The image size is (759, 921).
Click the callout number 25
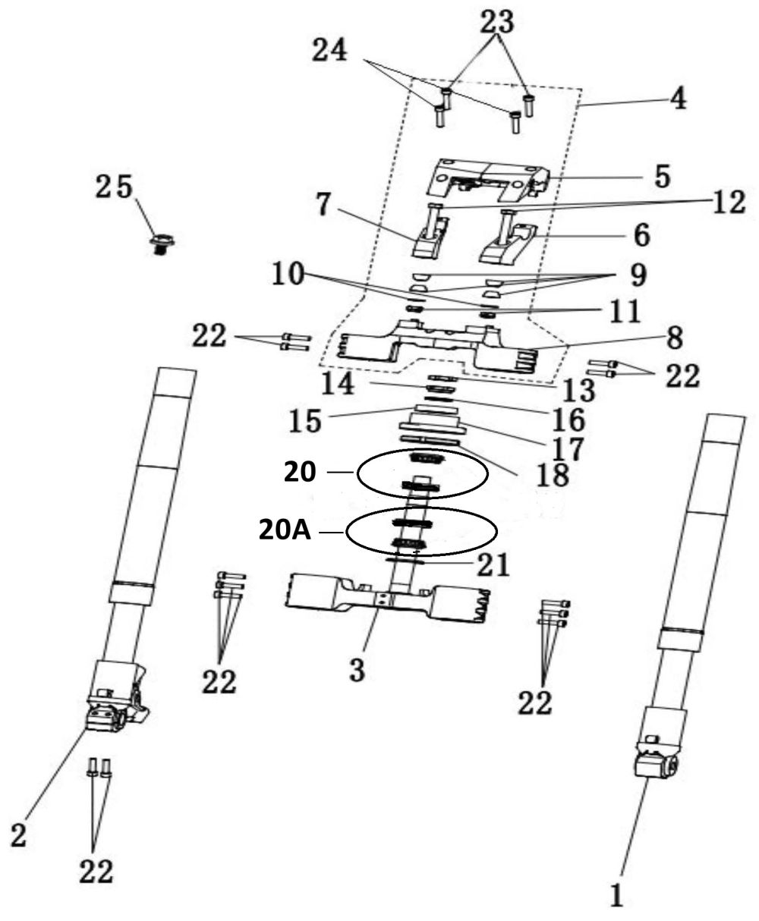click(x=114, y=187)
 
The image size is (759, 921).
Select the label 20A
click(x=285, y=532)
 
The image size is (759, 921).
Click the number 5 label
click(x=662, y=176)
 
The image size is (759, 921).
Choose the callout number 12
click(x=723, y=202)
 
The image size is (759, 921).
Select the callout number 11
click(x=622, y=311)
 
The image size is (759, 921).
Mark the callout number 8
click(x=674, y=339)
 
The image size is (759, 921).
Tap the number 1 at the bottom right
click(x=616, y=895)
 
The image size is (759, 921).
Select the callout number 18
click(x=552, y=475)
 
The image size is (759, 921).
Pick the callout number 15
click(x=305, y=420)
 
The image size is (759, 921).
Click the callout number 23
click(x=497, y=21)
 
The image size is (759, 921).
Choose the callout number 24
click(x=329, y=50)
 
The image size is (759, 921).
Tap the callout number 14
click(x=338, y=383)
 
